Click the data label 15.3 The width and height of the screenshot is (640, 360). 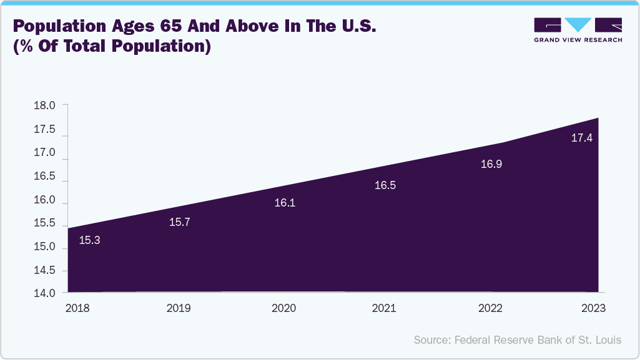coord(90,240)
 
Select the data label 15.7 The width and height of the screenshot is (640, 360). coord(180,222)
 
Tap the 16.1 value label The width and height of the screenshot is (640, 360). coord(285,203)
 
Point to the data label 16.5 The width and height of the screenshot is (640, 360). coord(385,185)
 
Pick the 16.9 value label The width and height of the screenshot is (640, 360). coord(491,165)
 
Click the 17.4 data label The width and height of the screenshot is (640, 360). coord(582,138)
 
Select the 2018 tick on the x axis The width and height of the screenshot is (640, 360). coord(77,308)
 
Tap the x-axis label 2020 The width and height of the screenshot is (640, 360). coord(285,308)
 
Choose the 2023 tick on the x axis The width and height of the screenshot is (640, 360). coord(593,308)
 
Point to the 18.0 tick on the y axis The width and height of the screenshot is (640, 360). coord(44,106)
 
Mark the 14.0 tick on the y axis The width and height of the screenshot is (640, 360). coord(44,293)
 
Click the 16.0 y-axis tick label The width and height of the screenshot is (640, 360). coord(44,201)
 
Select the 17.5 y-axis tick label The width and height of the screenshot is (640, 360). coord(44,130)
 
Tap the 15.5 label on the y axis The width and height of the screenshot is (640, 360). coord(44,223)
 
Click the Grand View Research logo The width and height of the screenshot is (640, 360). coord(578,30)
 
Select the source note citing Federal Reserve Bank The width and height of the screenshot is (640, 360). coord(518,339)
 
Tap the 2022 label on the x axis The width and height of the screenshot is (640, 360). coord(490,308)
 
